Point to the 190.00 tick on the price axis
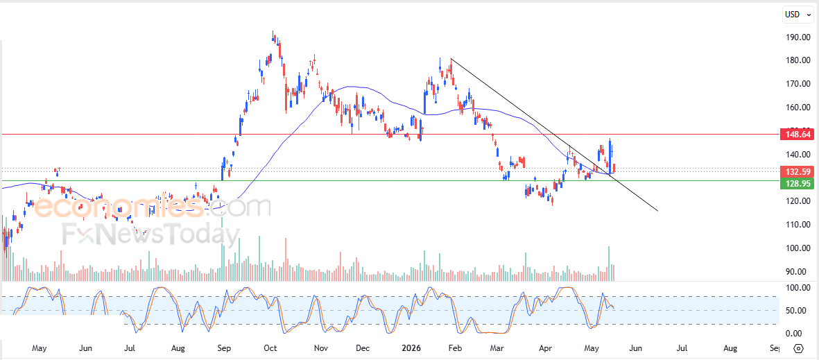799,37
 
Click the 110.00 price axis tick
799,225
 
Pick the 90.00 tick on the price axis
801,272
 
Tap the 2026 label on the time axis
410,348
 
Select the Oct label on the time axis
270,348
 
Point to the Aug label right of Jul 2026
730,348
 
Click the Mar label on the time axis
497,348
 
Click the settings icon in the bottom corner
798,348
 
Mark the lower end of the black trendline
657,211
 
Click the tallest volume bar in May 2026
609,264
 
